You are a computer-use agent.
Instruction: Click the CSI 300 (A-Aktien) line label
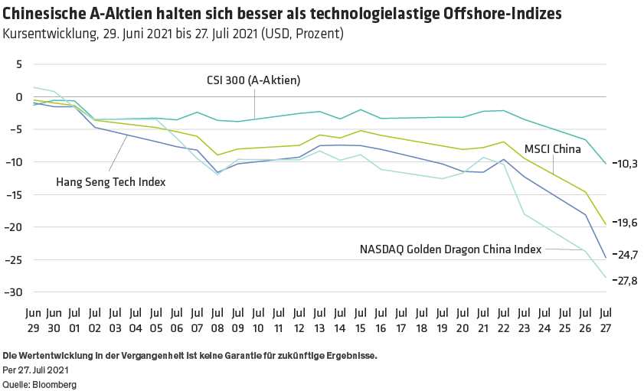[x=253, y=80]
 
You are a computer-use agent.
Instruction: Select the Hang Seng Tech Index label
[x=111, y=181]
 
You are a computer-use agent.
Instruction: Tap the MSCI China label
[x=553, y=150]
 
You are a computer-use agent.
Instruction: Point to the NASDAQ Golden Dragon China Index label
[x=451, y=249]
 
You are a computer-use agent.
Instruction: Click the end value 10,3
[x=627, y=163]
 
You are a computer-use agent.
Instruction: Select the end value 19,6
[x=627, y=223]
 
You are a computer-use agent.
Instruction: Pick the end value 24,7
[x=627, y=255]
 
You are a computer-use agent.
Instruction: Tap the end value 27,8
[x=627, y=281]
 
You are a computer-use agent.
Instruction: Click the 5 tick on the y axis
[x=19, y=64]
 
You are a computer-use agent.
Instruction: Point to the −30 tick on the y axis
[x=15, y=292]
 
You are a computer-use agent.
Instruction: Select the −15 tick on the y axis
[x=15, y=195]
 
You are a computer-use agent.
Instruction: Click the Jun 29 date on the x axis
[x=33, y=321]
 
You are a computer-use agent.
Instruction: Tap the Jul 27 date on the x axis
[x=605, y=321]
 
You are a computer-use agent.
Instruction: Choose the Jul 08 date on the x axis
[x=217, y=321]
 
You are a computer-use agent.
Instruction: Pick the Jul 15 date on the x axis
[x=360, y=321]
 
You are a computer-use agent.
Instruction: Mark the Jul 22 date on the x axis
[x=503, y=321]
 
